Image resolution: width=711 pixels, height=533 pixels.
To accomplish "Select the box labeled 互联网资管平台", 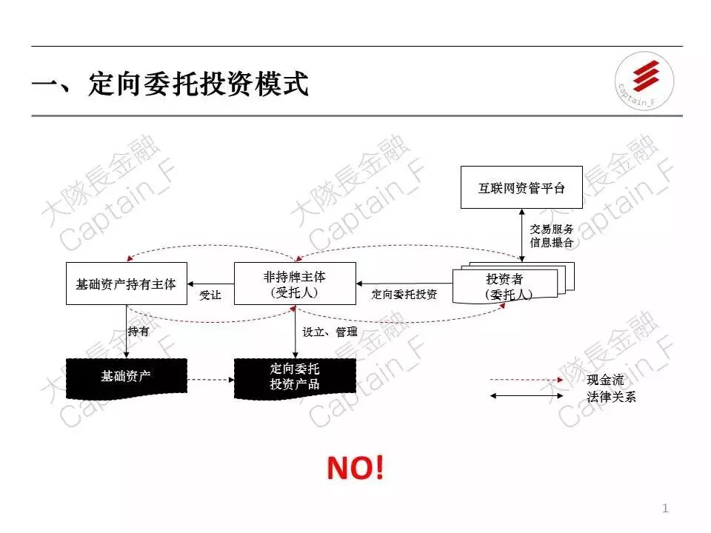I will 521,188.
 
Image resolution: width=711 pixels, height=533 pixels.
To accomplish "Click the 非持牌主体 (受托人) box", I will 294,284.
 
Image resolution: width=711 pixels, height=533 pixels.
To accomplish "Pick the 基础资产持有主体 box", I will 126,284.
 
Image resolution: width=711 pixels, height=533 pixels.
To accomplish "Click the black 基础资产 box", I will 126,376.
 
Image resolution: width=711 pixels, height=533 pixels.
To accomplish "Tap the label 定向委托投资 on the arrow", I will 404,295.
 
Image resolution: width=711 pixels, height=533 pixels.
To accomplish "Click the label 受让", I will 210,295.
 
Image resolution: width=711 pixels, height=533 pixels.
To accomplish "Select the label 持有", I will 138,332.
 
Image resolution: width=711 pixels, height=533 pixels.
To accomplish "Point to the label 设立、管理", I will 330,332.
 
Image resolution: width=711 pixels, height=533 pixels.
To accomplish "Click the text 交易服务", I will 552,229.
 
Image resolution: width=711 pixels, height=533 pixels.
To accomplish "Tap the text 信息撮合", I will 552,243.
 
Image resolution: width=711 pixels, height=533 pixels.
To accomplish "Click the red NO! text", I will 356,468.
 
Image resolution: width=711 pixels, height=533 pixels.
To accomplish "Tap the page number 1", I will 665,508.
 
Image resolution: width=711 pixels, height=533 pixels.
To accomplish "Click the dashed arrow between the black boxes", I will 210,381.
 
